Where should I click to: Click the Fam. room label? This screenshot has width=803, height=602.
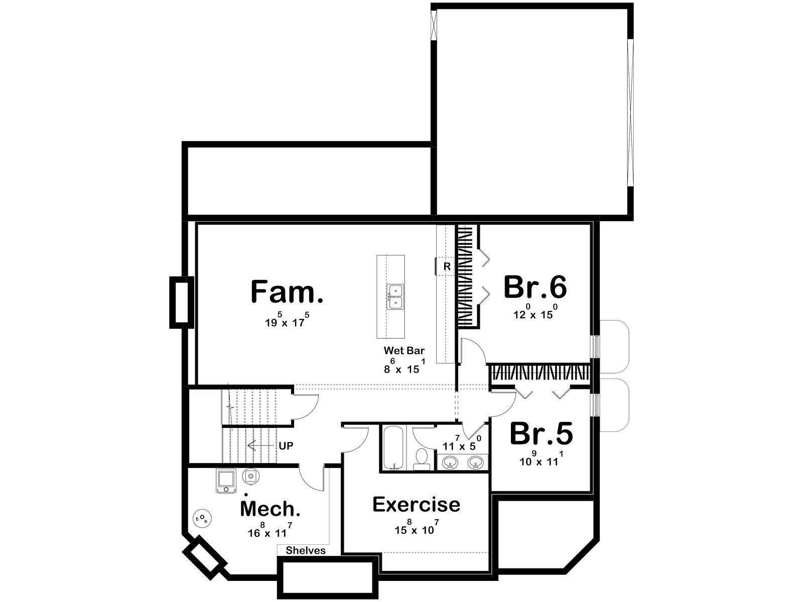click(x=287, y=291)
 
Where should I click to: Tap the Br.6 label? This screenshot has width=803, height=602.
click(x=535, y=287)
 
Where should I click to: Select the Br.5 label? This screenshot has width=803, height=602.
click(x=541, y=433)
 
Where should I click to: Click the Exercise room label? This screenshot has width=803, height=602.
click(x=417, y=505)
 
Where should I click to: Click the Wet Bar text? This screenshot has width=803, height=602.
click(x=404, y=351)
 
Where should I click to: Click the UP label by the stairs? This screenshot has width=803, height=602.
click(x=286, y=446)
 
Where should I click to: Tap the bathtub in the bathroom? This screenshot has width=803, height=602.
click(x=393, y=448)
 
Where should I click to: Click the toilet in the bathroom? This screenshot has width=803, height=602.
click(x=422, y=459)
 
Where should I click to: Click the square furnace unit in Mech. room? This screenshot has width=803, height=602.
click(x=226, y=482)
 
